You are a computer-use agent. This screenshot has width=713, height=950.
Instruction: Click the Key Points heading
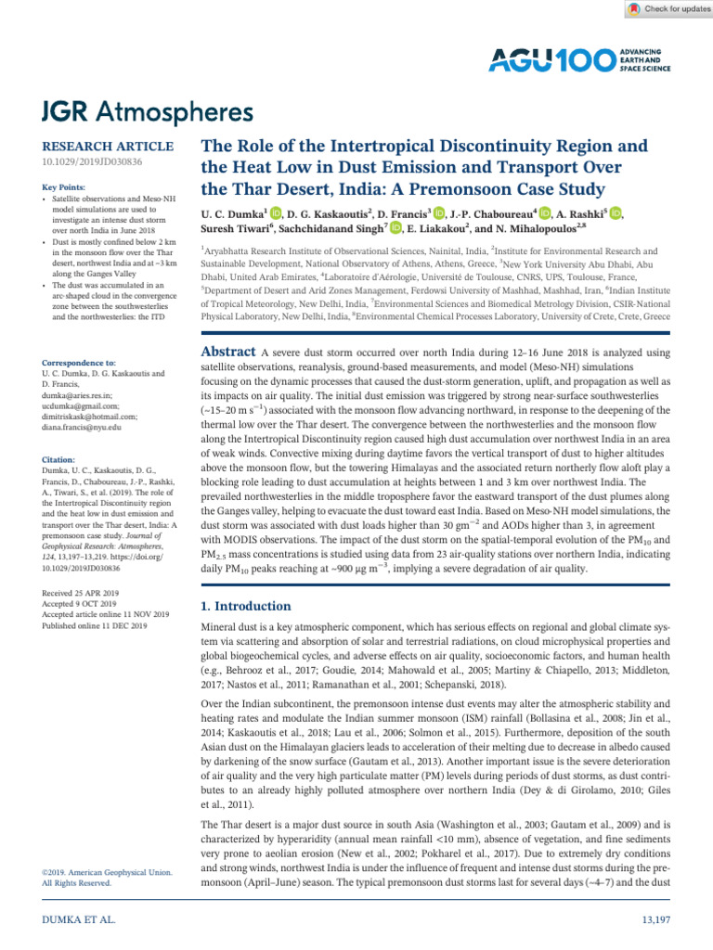[x=66, y=187]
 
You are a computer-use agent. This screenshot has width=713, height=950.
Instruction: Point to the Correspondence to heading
[x=79, y=363]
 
